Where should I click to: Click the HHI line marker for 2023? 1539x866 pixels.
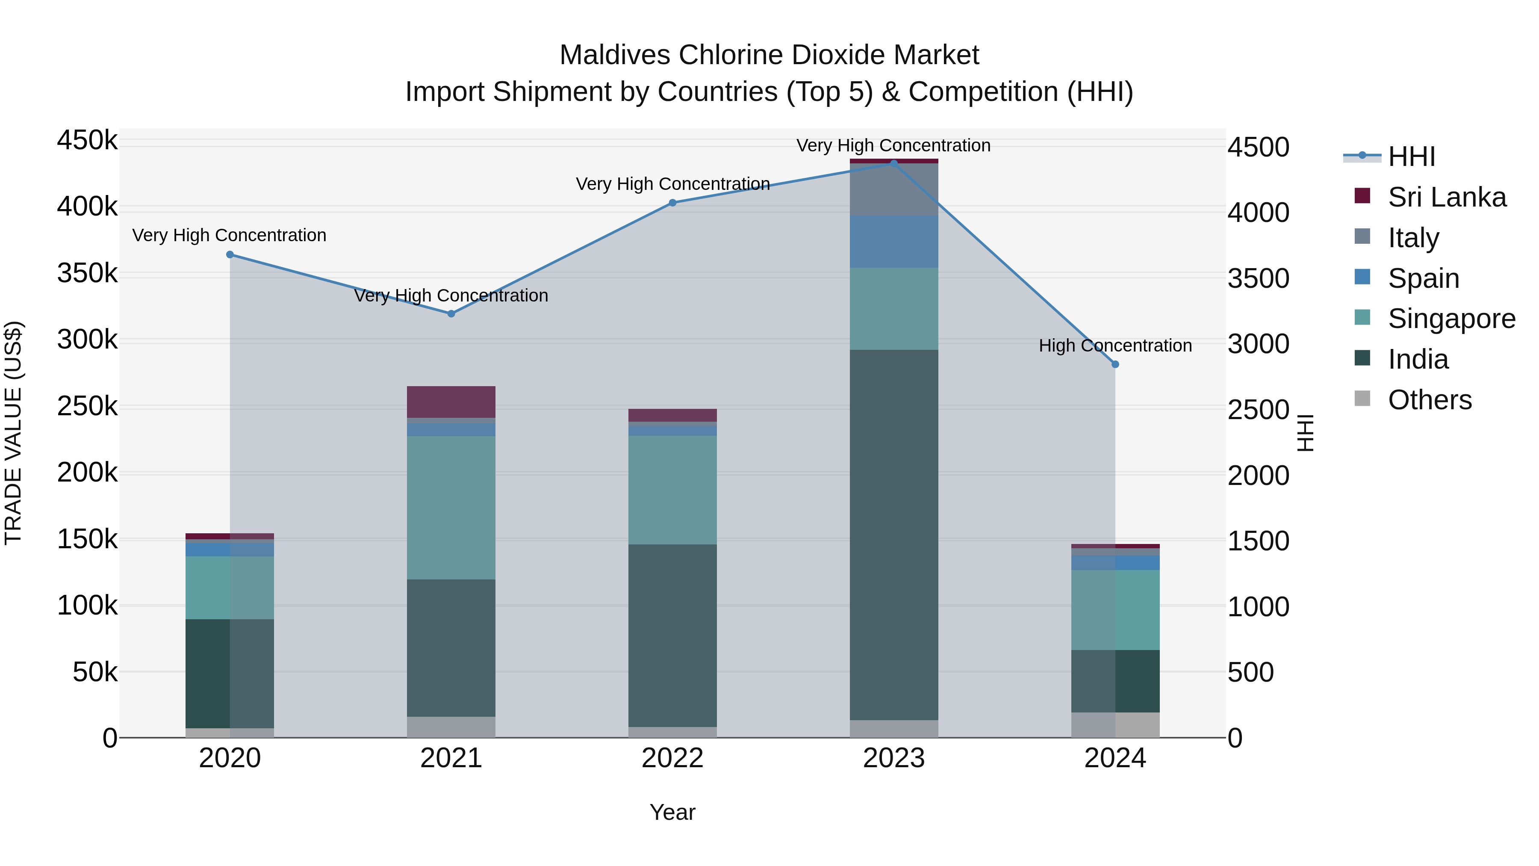894,163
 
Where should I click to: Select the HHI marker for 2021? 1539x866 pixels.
451,314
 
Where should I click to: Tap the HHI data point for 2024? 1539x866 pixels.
1115,364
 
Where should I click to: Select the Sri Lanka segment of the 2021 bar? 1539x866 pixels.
451,402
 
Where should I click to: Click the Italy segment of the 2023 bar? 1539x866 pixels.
894,189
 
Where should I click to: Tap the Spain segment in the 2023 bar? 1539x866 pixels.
894,242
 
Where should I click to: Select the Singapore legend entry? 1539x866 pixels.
1451,319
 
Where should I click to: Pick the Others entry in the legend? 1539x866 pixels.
1429,400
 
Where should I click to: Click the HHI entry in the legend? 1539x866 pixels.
1411,157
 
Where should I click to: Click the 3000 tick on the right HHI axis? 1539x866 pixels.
1258,344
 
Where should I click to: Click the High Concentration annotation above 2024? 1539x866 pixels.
1115,346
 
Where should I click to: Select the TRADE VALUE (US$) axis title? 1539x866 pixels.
14,433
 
